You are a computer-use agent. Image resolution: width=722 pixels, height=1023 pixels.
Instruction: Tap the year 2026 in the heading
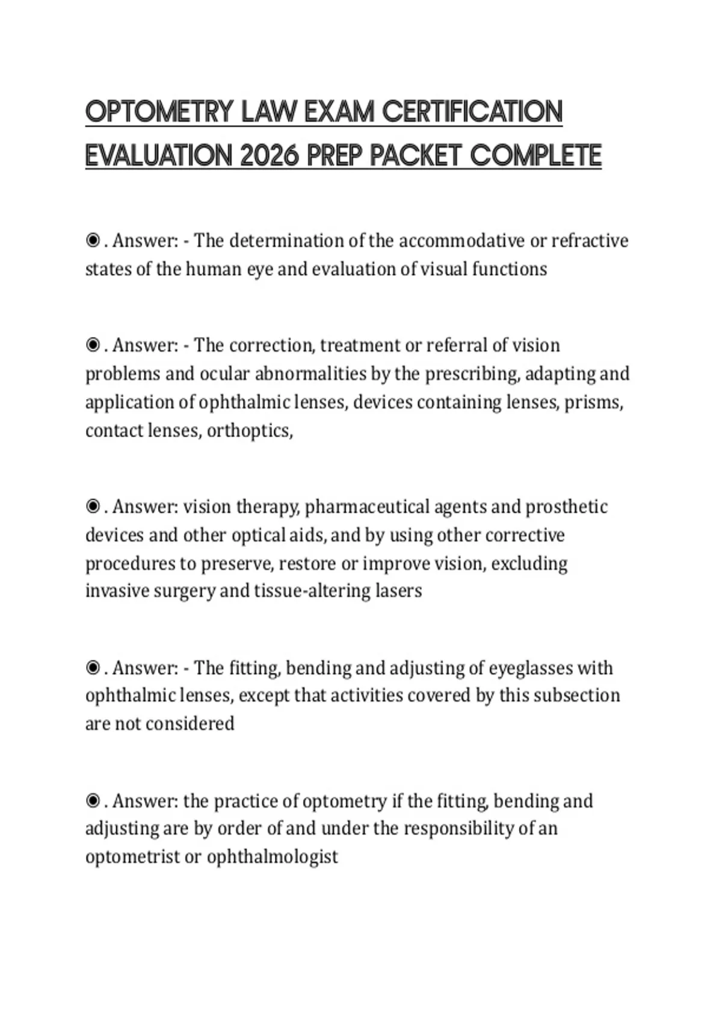[x=269, y=156]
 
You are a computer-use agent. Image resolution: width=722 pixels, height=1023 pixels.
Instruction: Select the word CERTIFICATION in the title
[x=472, y=112]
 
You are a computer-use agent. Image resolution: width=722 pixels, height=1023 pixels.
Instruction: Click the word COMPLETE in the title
[x=535, y=156]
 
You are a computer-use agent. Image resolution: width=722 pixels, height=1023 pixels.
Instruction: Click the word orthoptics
[x=249, y=431]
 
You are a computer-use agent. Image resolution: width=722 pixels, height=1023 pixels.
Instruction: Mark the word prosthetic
[x=566, y=507]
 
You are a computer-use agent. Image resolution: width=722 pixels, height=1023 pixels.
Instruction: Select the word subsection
[x=576, y=696]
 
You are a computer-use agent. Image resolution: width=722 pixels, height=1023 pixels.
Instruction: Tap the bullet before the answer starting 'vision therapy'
[x=93, y=507]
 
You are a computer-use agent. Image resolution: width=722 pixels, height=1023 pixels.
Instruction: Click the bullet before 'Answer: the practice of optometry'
[x=93, y=801]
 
